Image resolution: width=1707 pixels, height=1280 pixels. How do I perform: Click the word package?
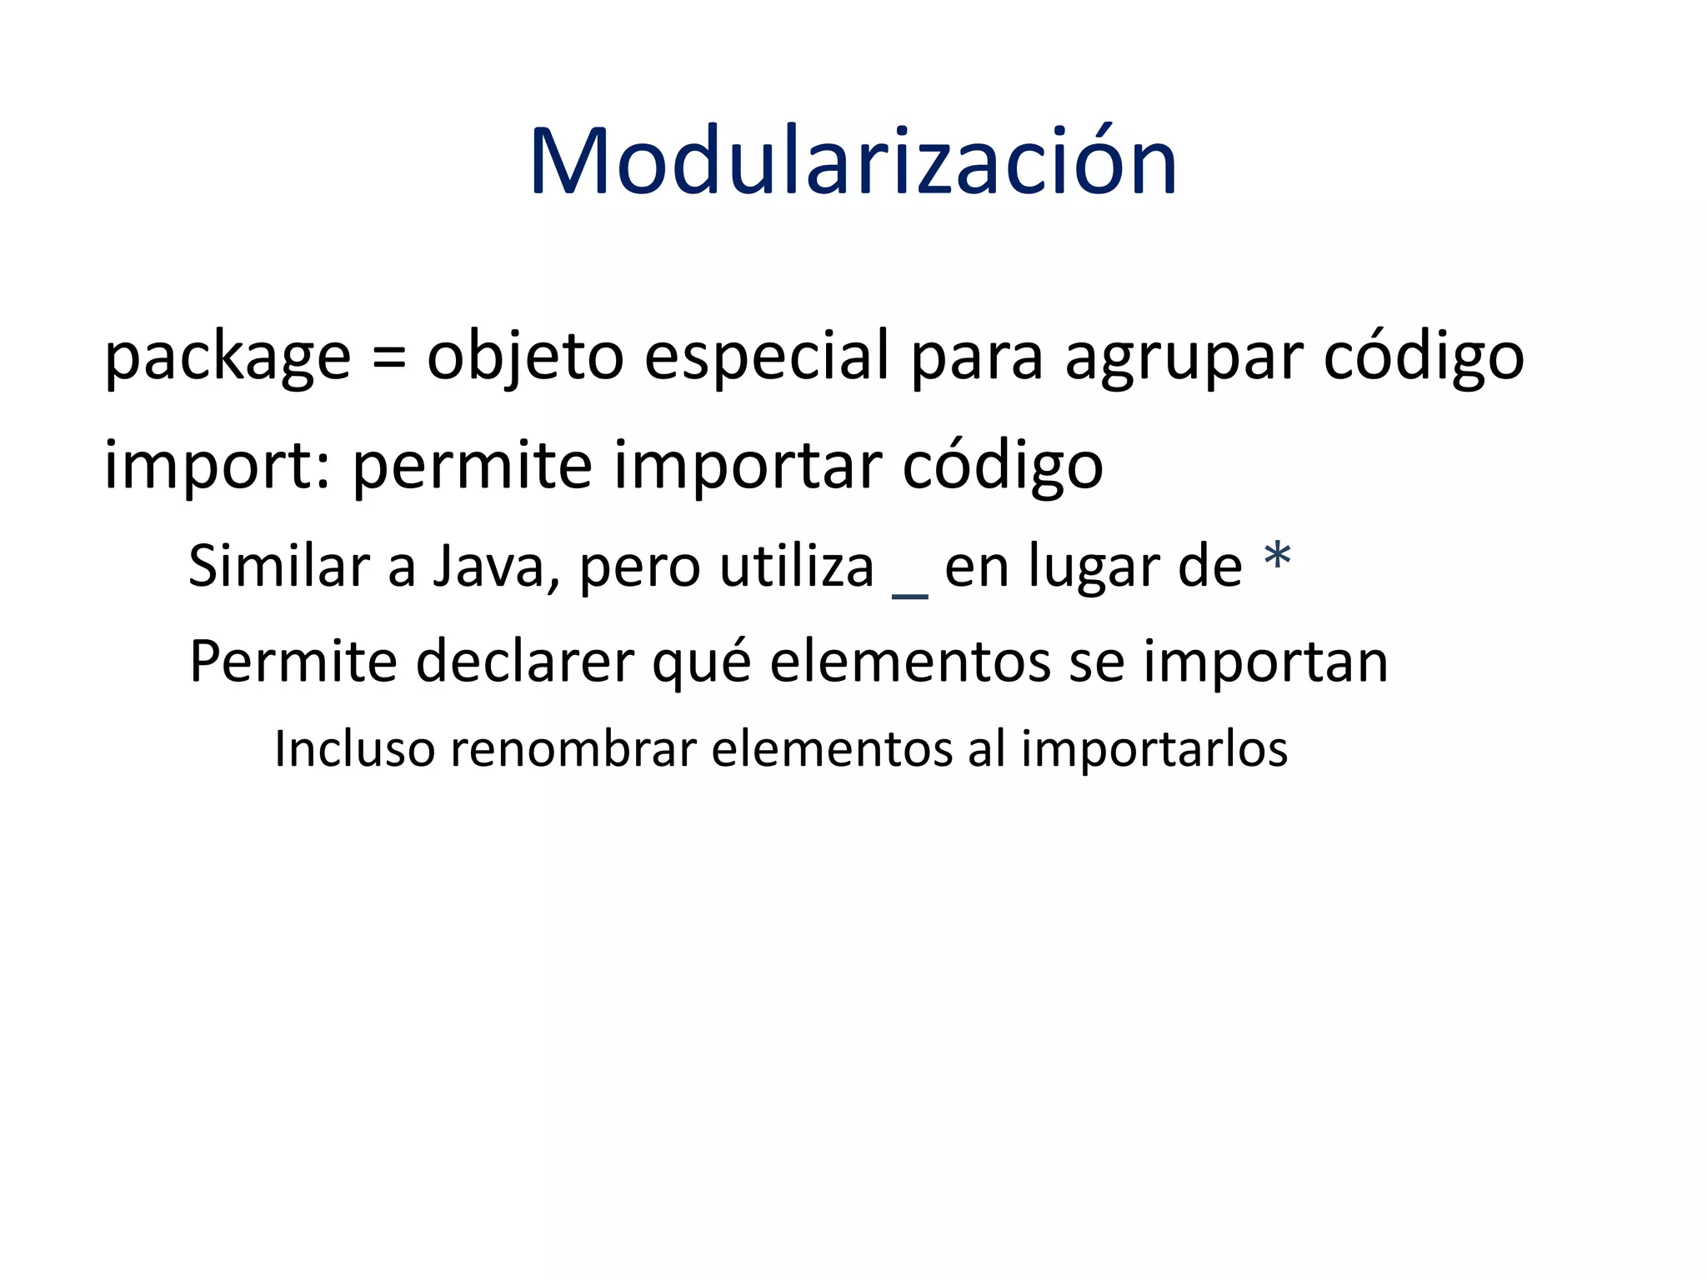[x=227, y=357]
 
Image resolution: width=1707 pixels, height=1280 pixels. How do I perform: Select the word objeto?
[x=525, y=357]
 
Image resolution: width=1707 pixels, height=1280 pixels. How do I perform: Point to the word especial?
[x=767, y=357]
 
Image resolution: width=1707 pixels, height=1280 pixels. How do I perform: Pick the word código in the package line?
[x=1424, y=357]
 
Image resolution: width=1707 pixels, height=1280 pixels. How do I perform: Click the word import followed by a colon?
[x=217, y=465]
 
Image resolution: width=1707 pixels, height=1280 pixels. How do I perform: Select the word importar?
[x=747, y=465]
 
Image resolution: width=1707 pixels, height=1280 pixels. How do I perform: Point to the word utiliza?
[x=797, y=567]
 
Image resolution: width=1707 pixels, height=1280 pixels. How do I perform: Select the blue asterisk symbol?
[x=1277, y=557]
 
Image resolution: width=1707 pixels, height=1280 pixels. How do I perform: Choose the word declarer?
[x=524, y=662]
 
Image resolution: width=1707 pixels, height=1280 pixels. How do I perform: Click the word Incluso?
[x=354, y=748]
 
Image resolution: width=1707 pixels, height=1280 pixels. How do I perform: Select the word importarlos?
[x=1154, y=748]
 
